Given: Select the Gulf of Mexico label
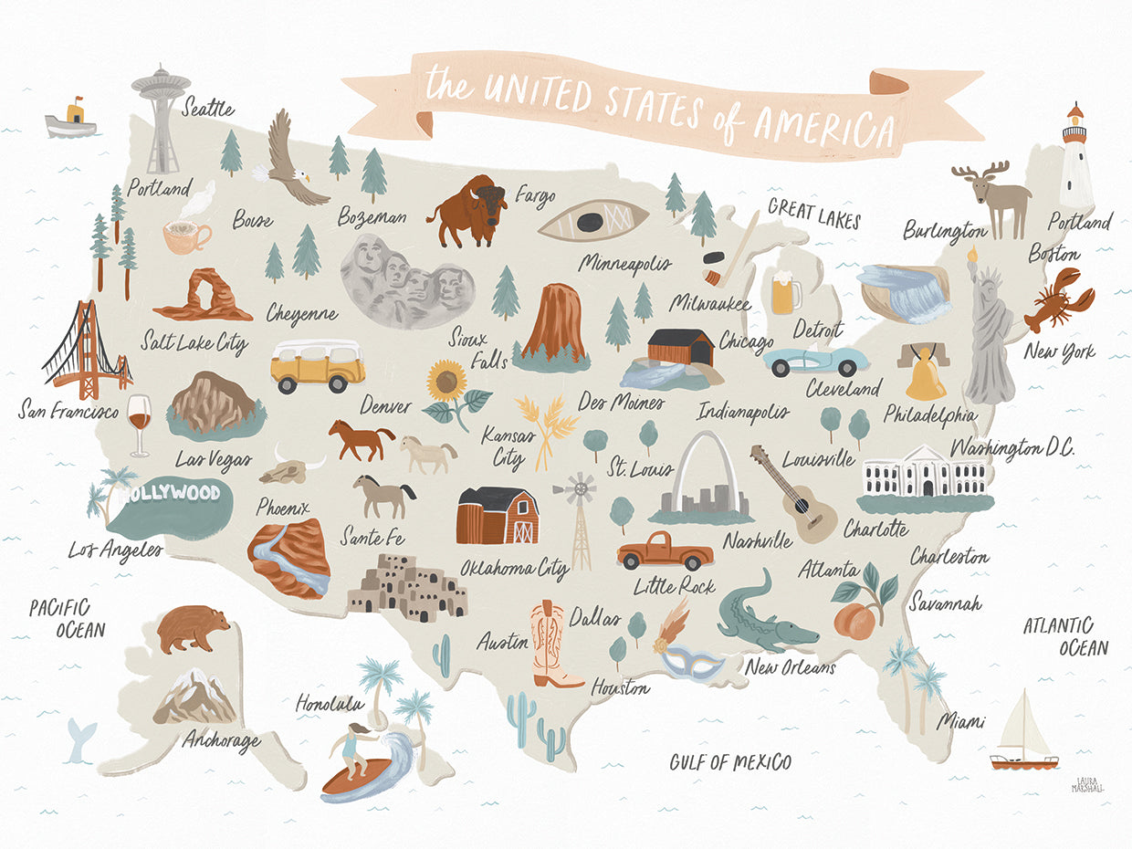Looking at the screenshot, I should coord(729,761).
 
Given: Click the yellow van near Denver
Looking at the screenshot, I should coord(317,365).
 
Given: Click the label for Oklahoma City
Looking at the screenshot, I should coord(514,569).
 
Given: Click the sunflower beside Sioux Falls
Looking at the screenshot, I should coord(447,383).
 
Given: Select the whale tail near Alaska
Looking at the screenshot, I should coord(80,738).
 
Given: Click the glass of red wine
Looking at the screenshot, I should coord(139,422).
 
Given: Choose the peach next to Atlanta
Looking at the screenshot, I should coord(854,621).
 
